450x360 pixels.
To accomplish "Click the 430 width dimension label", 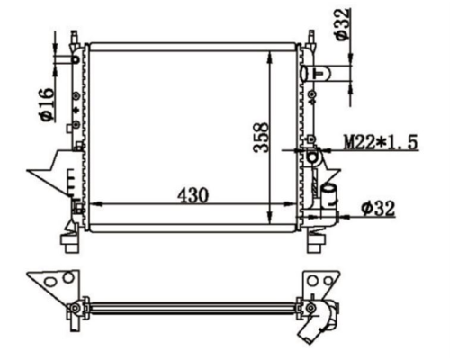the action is tap(193, 195).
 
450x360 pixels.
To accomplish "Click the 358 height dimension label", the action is tap(261, 138).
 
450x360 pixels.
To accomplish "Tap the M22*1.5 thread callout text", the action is tap(381, 142).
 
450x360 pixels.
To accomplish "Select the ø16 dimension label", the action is tap(47, 104).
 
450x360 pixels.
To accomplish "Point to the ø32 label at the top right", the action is tap(342, 24).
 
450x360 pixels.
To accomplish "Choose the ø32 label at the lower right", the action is tap(378, 208).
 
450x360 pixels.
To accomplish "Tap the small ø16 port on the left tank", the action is tap(76, 59).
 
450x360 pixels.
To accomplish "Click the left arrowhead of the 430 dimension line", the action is tap(96, 204).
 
